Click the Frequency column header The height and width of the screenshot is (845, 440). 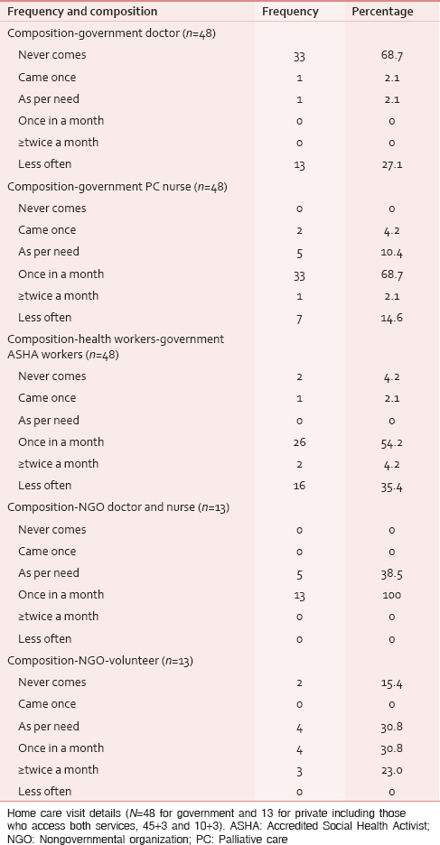(x=290, y=12)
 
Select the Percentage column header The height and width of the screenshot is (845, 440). (x=383, y=12)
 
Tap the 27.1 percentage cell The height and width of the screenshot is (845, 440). (x=391, y=164)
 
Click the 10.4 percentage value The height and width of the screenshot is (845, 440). (x=391, y=252)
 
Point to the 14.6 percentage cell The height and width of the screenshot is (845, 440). (x=391, y=318)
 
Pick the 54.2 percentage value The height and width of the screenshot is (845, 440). (x=391, y=442)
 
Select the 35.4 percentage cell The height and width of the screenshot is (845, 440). (x=391, y=486)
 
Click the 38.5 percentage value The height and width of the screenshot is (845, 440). (x=391, y=573)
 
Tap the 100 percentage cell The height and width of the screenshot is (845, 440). (x=391, y=596)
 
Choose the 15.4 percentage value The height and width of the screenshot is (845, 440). (x=391, y=682)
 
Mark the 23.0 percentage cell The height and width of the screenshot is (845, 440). (x=391, y=770)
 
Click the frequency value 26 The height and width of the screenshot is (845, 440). (x=299, y=442)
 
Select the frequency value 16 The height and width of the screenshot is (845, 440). (x=299, y=486)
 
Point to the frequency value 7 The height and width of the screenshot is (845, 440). (x=299, y=318)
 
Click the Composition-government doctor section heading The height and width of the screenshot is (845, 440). (x=112, y=33)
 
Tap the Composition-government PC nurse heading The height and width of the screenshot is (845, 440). (x=117, y=187)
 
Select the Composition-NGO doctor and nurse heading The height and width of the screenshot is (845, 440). (x=118, y=507)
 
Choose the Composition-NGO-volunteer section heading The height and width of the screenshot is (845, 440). (x=99, y=661)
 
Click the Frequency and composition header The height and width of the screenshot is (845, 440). (x=82, y=12)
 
